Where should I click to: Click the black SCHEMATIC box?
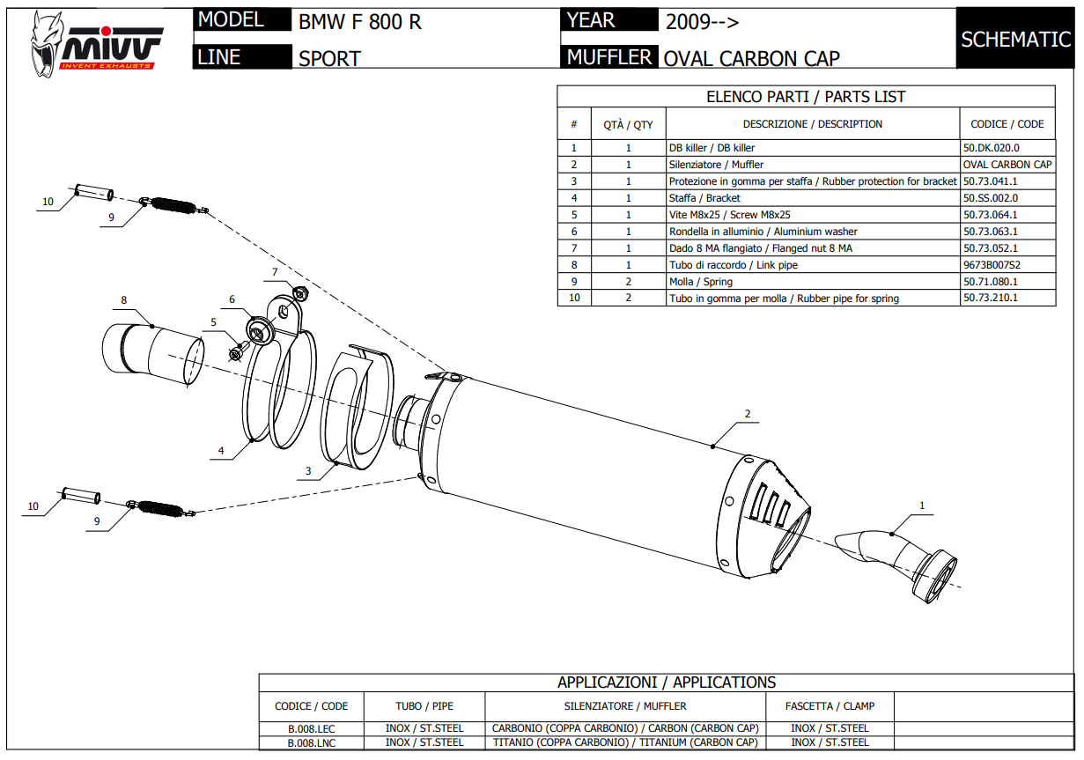(x=1015, y=40)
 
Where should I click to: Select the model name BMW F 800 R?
(x=360, y=22)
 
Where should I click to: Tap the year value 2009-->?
(x=702, y=22)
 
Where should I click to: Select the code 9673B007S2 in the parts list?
(x=992, y=265)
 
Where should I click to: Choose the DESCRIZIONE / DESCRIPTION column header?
(x=812, y=124)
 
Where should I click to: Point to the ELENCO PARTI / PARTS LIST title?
(x=806, y=97)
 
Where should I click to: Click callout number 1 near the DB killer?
(x=922, y=505)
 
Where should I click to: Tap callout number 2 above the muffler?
(x=747, y=413)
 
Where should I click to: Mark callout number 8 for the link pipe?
(x=124, y=300)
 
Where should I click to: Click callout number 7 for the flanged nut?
(x=275, y=271)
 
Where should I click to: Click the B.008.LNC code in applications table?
(x=312, y=742)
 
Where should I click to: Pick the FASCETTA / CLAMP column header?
(x=830, y=706)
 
